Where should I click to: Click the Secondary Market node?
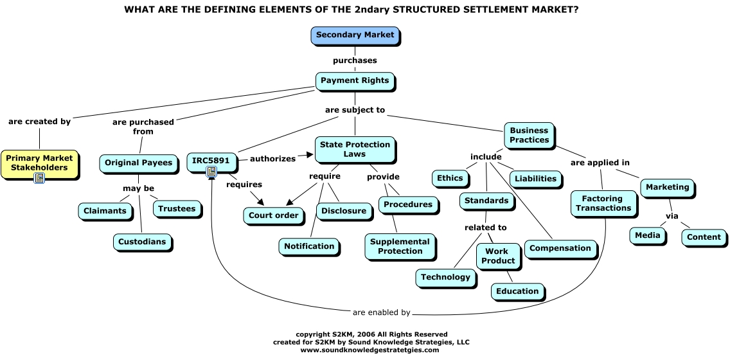[x=355, y=35]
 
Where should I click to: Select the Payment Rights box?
[x=355, y=81]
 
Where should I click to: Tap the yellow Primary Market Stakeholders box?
[x=40, y=163]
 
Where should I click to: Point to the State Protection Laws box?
[x=354, y=149]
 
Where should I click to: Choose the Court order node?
[x=273, y=215]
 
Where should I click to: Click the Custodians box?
[x=142, y=242]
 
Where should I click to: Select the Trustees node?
[x=177, y=209]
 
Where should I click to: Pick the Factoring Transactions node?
[x=603, y=204]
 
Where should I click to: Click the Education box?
[x=517, y=291]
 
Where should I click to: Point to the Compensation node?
[x=560, y=248]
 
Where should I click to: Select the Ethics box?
[x=450, y=178]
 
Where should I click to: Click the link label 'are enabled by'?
[x=381, y=313]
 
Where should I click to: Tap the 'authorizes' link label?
[x=272, y=158]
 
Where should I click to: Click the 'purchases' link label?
[x=355, y=60]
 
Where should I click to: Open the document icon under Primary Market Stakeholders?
[x=39, y=178]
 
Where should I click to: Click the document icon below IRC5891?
[x=211, y=171]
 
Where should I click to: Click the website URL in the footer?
[x=369, y=350]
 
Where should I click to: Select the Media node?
[x=647, y=235]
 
